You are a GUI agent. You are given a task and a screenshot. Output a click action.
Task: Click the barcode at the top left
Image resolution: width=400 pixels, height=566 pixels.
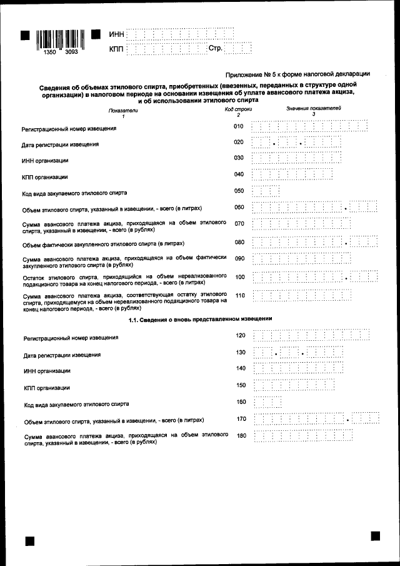[57, 39]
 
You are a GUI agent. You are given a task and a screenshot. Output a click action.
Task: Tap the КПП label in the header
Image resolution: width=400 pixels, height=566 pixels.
[116, 48]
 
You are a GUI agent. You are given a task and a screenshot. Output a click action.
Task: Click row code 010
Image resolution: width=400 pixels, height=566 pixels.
[238, 126]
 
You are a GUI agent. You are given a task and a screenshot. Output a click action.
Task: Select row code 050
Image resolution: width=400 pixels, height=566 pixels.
[238, 191]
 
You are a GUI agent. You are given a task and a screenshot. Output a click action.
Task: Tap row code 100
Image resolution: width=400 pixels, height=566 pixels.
[239, 275]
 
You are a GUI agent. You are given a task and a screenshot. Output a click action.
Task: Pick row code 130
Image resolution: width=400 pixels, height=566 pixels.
[241, 352]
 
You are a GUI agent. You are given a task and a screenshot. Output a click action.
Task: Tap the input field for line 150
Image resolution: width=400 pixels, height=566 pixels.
[290, 386]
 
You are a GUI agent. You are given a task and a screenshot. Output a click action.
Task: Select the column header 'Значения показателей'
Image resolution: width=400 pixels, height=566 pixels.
[314, 109]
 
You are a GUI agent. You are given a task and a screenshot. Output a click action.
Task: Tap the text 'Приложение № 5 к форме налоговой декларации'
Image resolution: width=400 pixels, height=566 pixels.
[297, 74]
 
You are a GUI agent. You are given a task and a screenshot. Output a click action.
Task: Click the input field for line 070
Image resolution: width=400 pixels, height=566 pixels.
[300, 223]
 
